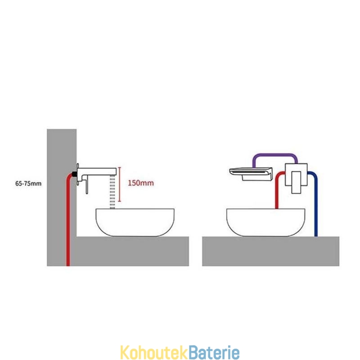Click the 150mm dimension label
(x=141, y=183)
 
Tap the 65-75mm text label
(x=28, y=184)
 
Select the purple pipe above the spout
(x=275, y=155)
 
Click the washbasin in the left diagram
(x=135, y=222)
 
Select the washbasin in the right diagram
(x=266, y=222)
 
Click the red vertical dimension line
(x=119, y=184)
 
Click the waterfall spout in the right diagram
(x=251, y=174)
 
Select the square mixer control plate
(x=296, y=175)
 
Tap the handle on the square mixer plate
(x=296, y=182)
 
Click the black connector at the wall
(x=75, y=174)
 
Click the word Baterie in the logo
(x=215, y=352)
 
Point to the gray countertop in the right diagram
(x=271, y=252)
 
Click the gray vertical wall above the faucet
(x=62, y=147)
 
